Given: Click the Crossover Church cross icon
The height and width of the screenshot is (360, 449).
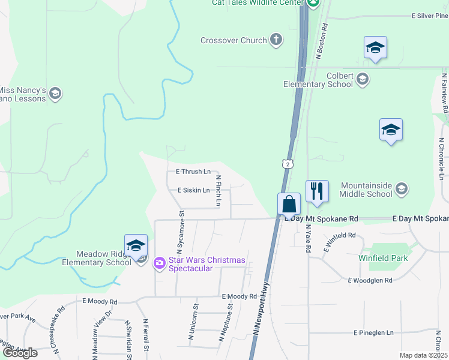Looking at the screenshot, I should point(276,40).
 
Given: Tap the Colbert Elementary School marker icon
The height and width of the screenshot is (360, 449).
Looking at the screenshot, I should point(362,79).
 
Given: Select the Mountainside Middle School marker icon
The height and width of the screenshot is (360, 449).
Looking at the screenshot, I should point(402,190).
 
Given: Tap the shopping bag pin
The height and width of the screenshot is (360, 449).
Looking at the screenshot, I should point(289,204).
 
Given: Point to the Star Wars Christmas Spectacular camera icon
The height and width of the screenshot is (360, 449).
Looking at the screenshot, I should point(159,263).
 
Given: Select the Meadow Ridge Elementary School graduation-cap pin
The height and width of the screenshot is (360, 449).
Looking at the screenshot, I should point(136,246).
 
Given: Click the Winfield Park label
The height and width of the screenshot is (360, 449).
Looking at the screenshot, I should point(383,258).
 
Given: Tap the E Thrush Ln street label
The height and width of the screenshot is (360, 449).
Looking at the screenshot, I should point(193,172).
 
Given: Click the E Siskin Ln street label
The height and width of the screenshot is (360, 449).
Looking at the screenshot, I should point(193,190).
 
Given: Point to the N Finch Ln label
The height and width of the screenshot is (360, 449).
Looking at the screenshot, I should point(218,191).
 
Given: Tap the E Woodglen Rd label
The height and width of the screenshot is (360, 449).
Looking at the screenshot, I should point(370,280).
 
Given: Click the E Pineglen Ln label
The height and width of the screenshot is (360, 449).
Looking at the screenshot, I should point(373,332).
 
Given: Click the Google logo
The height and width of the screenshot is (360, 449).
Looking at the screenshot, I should point(20,353).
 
